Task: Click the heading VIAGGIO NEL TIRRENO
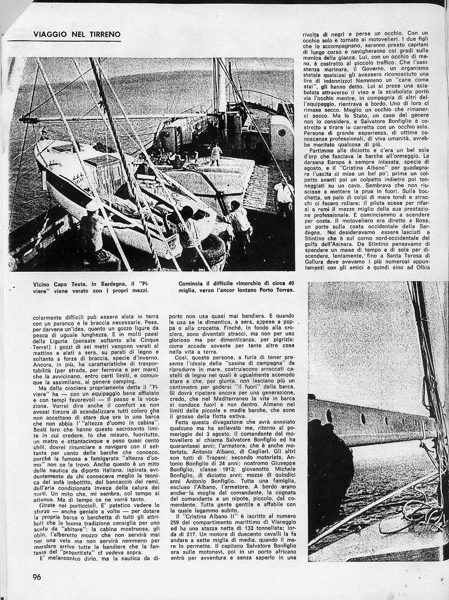coord(77,34)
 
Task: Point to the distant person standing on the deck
coord(216,154)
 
